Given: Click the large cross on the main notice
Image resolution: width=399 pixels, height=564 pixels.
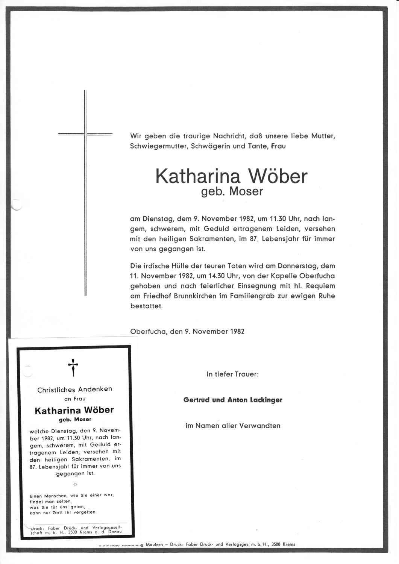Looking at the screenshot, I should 85,193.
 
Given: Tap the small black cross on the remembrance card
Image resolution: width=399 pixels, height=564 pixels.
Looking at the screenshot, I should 73,367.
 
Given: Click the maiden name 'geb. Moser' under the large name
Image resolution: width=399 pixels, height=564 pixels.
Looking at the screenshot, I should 232,191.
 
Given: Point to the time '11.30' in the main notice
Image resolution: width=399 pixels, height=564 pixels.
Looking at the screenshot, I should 278,218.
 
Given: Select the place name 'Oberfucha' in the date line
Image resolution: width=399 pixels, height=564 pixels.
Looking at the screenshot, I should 148,331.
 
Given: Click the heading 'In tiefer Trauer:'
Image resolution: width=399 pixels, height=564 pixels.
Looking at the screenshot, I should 232,374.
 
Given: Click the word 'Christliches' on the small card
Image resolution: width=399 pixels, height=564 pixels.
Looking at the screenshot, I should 56,390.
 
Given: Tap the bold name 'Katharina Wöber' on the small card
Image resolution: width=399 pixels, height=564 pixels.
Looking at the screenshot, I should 74,410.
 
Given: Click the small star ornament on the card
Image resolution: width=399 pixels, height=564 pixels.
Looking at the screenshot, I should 75,484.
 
